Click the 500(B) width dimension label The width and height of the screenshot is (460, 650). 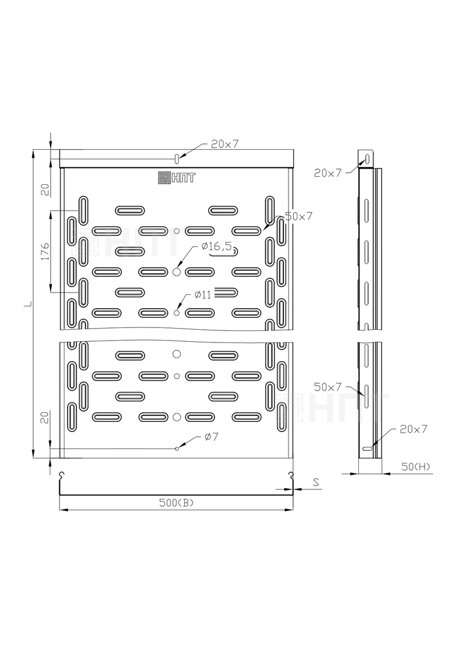click(176, 503)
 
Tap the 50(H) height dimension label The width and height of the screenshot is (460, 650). click(415, 466)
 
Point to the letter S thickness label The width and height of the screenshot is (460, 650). click(316, 482)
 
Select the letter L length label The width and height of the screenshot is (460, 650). click(27, 304)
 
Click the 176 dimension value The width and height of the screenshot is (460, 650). click(45, 252)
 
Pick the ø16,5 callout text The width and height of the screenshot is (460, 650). click(217, 246)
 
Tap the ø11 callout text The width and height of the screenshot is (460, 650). click(203, 295)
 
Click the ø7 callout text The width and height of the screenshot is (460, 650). click(211, 436)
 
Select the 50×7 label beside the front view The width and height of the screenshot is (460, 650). click(298, 216)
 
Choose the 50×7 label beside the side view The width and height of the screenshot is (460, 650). click(328, 387)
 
